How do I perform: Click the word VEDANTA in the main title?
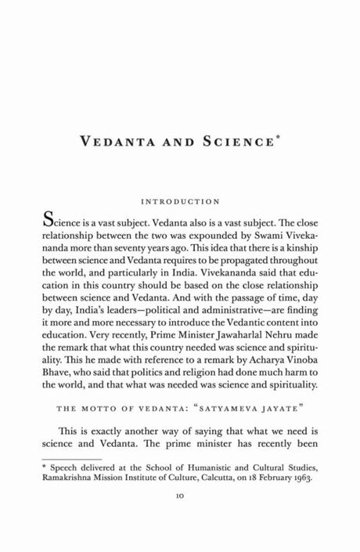pos(133,143)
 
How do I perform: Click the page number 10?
pos(180,517)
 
